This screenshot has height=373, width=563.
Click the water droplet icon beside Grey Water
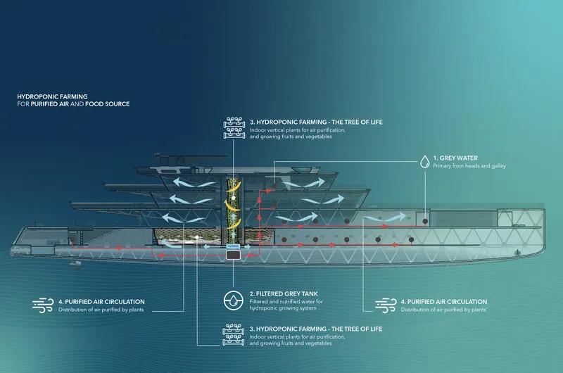(x=425, y=162)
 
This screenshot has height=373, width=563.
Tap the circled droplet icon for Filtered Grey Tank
(x=234, y=301)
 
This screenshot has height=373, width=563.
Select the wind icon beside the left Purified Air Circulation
(x=43, y=305)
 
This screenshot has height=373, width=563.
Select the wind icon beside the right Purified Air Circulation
(x=386, y=305)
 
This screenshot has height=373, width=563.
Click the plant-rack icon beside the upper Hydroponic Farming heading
(x=234, y=128)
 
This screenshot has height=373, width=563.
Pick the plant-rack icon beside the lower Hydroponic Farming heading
(x=234, y=334)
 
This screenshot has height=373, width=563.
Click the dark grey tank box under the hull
(x=234, y=255)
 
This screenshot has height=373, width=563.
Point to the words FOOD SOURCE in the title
(x=108, y=104)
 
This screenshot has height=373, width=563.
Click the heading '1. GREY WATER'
(x=455, y=158)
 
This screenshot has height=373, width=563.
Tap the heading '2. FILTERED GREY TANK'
(x=284, y=293)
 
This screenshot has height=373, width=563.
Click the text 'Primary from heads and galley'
(x=469, y=166)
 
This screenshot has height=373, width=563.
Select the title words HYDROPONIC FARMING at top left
(x=52, y=96)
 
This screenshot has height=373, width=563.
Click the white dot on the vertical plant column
(x=234, y=198)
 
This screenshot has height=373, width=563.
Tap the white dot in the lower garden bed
(x=197, y=237)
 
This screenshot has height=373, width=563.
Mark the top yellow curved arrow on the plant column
(x=234, y=186)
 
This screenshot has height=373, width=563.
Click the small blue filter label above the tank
(x=233, y=246)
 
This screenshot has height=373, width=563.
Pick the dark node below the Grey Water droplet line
(x=425, y=222)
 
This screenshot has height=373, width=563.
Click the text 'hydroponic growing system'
(x=283, y=308)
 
